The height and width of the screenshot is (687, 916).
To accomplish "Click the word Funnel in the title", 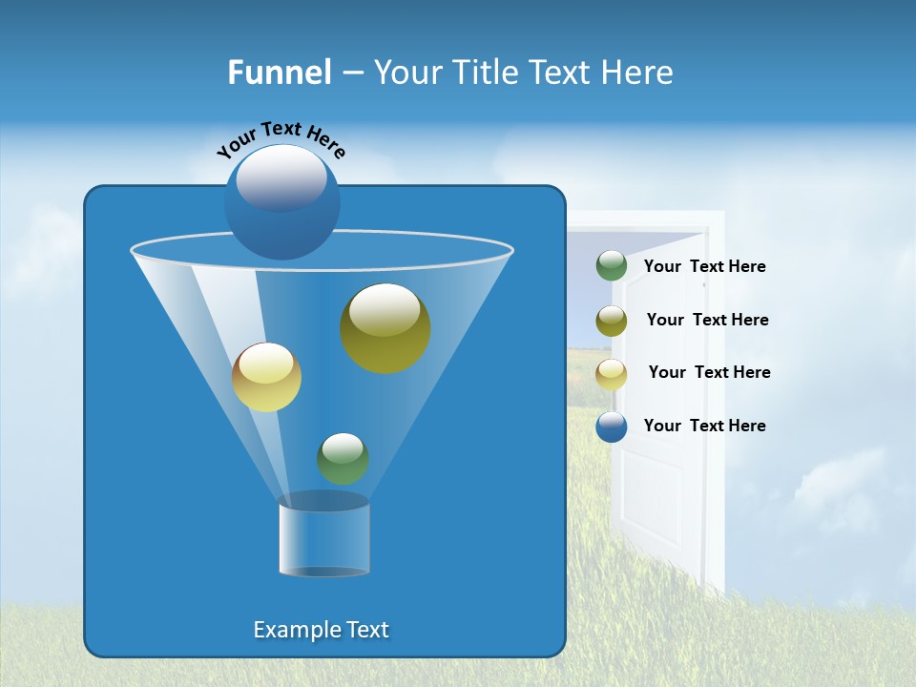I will pyautogui.click(x=280, y=73).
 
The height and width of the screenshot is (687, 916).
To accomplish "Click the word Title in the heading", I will pyautogui.click(x=485, y=73).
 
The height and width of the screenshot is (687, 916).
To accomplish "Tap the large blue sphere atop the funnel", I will pyautogui.click(x=281, y=202).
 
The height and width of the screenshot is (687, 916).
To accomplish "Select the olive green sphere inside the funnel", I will pyautogui.click(x=385, y=328).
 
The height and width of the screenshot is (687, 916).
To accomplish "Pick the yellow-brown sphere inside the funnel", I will pyautogui.click(x=266, y=377).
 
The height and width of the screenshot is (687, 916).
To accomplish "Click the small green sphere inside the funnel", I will pyautogui.click(x=343, y=458).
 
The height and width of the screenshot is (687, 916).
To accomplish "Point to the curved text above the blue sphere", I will pyautogui.click(x=281, y=139).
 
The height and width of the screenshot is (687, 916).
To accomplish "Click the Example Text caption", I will pyautogui.click(x=321, y=630).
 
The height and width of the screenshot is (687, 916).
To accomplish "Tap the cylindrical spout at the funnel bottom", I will pyautogui.click(x=323, y=539).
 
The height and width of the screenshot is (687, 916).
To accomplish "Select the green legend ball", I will pyautogui.click(x=612, y=266).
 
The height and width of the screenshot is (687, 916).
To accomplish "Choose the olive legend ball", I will pyautogui.click(x=612, y=321).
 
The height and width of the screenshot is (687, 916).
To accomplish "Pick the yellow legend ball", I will pyautogui.click(x=612, y=373).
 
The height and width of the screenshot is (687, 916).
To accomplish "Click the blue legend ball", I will pyautogui.click(x=612, y=427).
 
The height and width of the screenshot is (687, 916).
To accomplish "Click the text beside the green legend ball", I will pyautogui.click(x=704, y=267).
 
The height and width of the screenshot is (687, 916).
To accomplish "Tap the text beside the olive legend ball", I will pyautogui.click(x=707, y=321).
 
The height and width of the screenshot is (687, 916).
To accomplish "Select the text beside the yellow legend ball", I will pyautogui.click(x=709, y=373).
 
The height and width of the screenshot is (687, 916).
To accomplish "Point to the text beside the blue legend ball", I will pyautogui.click(x=704, y=427).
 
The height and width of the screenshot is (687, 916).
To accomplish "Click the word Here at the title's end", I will pyautogui.click(x=638, y=73).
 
